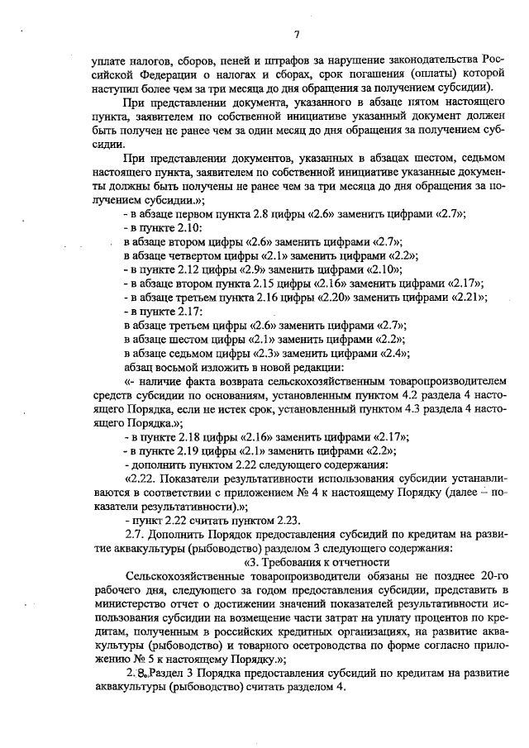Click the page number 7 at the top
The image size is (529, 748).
pos(296,33)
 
